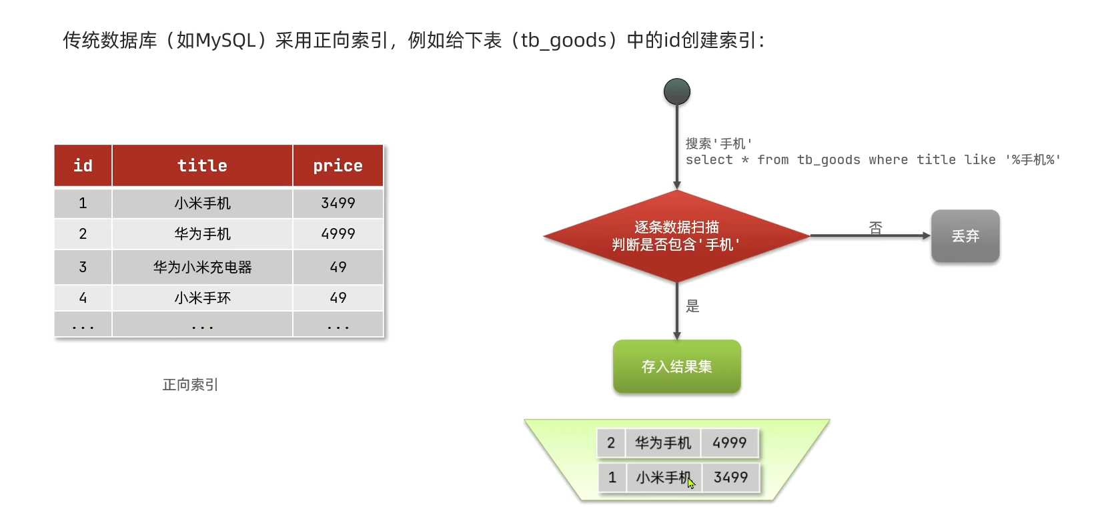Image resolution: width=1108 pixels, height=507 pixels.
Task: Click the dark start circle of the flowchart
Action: click(x=676, y=92)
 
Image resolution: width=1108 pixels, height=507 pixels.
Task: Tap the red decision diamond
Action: click(x=676, y=235)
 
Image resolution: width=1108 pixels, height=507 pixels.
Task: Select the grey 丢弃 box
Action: click(x=965, y=236)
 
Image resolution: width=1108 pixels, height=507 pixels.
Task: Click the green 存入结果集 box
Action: click(x=676, y=366)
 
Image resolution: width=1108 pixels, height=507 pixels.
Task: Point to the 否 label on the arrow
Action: click(x=875, y=228)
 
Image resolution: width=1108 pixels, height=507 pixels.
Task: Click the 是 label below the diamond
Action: click(x=692, y=306)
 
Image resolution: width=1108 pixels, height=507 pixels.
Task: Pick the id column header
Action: click(x=83, y=165)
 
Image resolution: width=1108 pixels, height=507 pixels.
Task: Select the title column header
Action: click(x=202, y=165)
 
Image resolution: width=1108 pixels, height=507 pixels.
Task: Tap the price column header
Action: click(x=338, y=165)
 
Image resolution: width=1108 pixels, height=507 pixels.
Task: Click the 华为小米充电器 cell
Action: click(x=202, y=267)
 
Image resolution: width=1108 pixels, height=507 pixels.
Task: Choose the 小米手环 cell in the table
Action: click(x=202, y=298)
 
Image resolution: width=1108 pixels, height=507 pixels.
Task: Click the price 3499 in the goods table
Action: click(x=338, y=203)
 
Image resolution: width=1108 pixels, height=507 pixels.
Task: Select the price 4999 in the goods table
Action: click(x=338, y=233)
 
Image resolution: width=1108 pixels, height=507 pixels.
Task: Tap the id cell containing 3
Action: click(x=83, y=267)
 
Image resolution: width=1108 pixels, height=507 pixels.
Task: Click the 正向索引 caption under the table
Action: click(x=190, y=385)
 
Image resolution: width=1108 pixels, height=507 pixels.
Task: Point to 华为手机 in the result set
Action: click(x=662, y=443)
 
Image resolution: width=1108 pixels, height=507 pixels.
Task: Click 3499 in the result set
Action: click(x=730, y=478)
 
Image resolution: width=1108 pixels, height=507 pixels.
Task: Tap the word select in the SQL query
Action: click(x=708, y=160)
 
